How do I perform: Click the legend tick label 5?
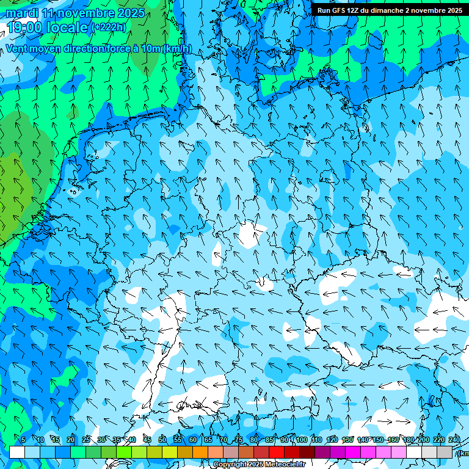click(23, 440)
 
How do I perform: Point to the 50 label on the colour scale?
click(162, 440)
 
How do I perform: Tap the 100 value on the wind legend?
click(300, 440)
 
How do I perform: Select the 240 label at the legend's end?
click(454, 440)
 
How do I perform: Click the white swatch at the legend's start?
click(17, 452)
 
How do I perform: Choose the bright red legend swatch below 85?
click(277, 452)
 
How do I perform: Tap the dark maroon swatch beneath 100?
click(307, 452)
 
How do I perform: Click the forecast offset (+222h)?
click(108, 27)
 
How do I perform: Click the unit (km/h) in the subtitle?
click(176, 49)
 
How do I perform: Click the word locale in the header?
click(68, 27)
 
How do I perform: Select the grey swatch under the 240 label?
click(445, 452)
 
